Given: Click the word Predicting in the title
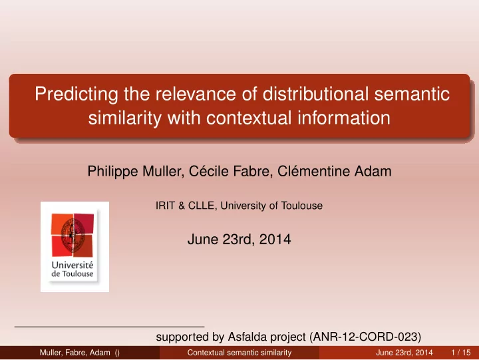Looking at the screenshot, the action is [x=77, y=94].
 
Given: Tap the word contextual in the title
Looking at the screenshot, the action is [x=249, y=118].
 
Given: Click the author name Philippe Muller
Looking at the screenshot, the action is [x=136, y=171].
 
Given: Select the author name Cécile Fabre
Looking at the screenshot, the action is [x=231, y=171].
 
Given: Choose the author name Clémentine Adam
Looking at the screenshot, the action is [x=334, y=171].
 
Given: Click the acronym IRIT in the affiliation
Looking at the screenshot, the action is [x=165, y=206].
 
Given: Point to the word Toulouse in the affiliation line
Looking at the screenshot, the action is [x=302, y=206].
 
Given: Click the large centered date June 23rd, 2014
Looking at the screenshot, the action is [x=239, y=239].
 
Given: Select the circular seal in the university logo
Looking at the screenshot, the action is [x=73, y=235].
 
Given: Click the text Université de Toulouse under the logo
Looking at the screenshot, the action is [x=73, y=270].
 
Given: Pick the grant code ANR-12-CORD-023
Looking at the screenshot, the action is [x=365, y=337].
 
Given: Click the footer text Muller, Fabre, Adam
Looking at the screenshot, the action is [x=75, y=353].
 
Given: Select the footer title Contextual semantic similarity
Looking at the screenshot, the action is [x=239, y=353].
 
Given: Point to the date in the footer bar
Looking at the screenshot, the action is [x=404, y=353].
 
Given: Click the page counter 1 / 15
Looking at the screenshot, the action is [x=460, y=353].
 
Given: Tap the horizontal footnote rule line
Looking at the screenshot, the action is [x=109, y=327].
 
